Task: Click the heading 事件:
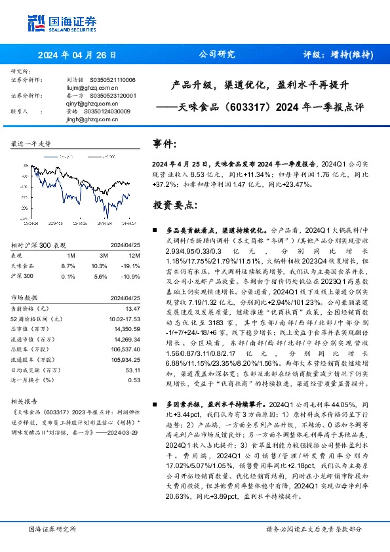click(x=165, y=143)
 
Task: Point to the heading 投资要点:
click(x=174, y=205)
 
